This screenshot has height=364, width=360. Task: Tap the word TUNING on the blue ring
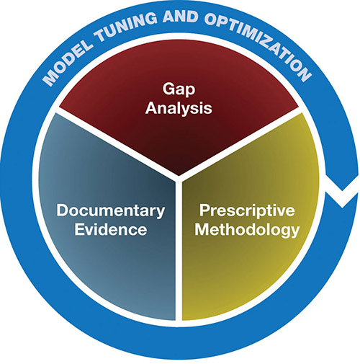click(x=125, y=27)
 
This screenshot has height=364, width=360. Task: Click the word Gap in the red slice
click(x=179, y=90)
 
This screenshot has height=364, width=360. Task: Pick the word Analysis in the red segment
click(x=179, y=108)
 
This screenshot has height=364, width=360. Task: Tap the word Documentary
click(x=111, y=211)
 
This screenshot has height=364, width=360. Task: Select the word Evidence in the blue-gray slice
click(x=111, y=229)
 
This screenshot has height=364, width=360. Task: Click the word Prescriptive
click(x=247, y=211)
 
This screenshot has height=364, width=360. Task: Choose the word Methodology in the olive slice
click(x=247, y=230)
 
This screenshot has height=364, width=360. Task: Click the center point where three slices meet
click(x=179, y=179)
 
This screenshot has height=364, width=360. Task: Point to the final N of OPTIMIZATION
click(x=303, y=74)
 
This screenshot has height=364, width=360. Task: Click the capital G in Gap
click(x=168, y=89)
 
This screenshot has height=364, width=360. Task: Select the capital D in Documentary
click(x=62, y=210)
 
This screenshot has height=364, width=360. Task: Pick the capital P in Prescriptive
click(x=204, y=210)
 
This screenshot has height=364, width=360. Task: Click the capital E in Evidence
click(x=79, y=229)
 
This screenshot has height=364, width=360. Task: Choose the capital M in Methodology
click(x=202, y=229)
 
